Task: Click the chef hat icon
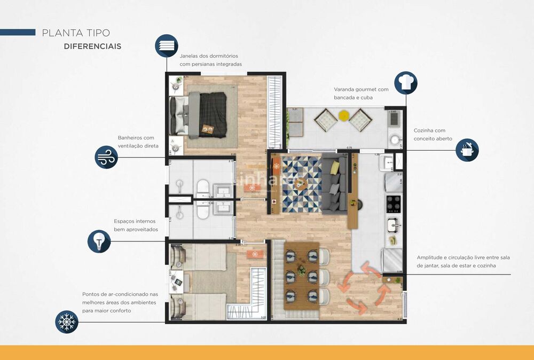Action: [406, 83]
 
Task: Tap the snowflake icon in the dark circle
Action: [67, 322]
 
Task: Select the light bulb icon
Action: [99, 241]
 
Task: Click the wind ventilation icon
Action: [106, 158]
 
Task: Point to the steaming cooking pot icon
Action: [467, 150]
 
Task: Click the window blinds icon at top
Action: [167, 45]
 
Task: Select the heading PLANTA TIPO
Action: [76, 33]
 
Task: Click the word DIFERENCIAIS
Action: [92, 46]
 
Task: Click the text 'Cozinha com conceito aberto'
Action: [433, 135]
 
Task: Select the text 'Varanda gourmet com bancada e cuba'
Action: [362, 93]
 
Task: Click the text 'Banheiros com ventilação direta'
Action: [138, 142]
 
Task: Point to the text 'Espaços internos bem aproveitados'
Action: [136, 225]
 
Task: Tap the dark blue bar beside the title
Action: [18, 33]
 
